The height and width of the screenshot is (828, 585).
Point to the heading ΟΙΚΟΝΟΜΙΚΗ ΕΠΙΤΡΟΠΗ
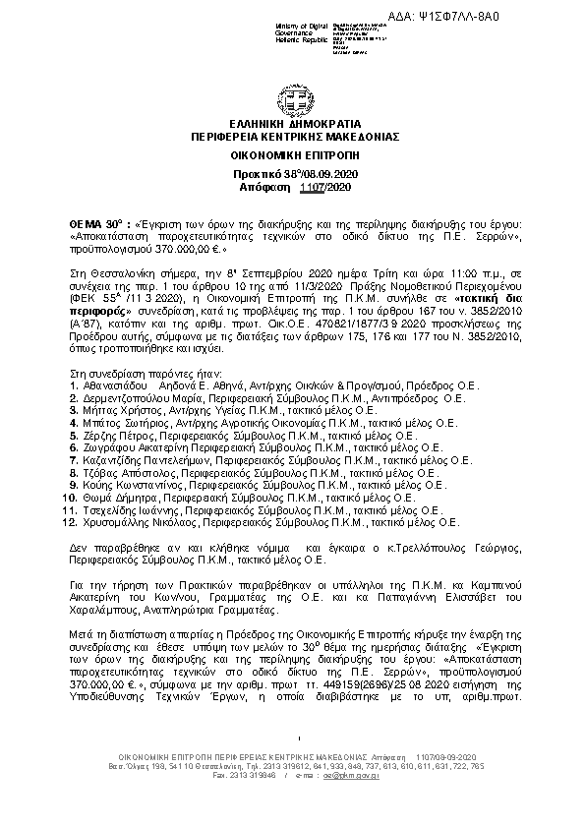click(x=295, y=154)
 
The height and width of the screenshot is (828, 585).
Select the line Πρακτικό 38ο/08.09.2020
click(x=295, y=173)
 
